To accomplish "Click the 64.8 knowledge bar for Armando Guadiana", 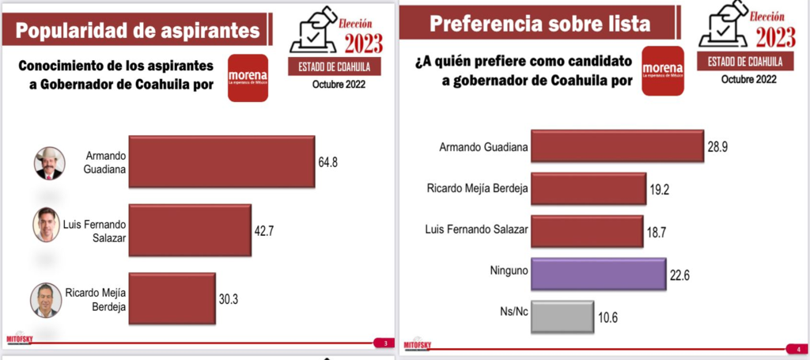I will tap(221, 161).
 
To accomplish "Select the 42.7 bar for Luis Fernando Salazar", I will tap(189, 230).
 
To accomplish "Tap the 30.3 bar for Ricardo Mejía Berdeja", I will tap(172, 298).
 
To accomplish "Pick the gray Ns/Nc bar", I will tap(562, 317).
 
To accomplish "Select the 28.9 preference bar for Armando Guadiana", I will tap(617, 146).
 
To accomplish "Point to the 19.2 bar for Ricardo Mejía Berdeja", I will tap(588, 189).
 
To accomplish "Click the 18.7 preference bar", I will tap(586, 232).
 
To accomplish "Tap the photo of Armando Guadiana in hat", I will tap(48, 163).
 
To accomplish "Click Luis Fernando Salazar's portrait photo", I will tap(47, 225).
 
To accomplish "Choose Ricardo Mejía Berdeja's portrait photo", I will tap(45, 299).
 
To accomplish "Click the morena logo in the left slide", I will tap(248, 78).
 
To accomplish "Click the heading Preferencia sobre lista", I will tap(540, 23).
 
